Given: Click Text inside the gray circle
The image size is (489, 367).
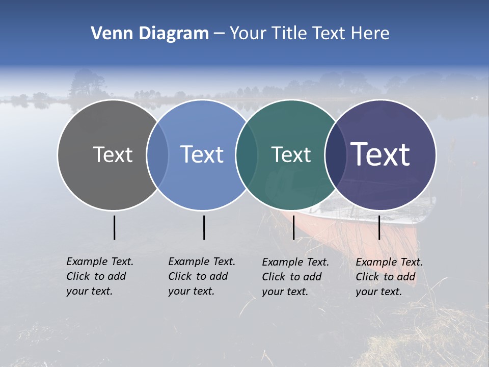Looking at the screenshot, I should click(113, 154).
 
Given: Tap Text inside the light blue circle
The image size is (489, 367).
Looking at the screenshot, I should click(202, 154).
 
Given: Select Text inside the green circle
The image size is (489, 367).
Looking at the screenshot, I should click(291, 154).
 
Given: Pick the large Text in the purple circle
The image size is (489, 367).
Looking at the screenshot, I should click(381, 154).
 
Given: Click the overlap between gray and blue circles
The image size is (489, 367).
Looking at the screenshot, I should click(157, 155).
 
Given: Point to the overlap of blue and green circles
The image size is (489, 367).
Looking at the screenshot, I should click(247, 155).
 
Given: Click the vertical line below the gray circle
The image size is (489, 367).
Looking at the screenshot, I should click(115, 227).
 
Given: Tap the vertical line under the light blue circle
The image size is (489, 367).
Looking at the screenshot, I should click(204, 227).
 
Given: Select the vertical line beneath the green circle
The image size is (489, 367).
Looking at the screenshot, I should click(293, 227).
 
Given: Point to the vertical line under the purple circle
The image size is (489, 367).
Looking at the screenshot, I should click(379, 227).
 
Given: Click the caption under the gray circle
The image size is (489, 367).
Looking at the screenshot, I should click(99, 276).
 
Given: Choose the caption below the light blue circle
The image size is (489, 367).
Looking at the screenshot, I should click(201, 276).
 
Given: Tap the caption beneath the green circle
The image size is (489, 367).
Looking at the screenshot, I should click(295, 277).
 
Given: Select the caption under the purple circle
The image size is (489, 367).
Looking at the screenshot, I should click(389, 277).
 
